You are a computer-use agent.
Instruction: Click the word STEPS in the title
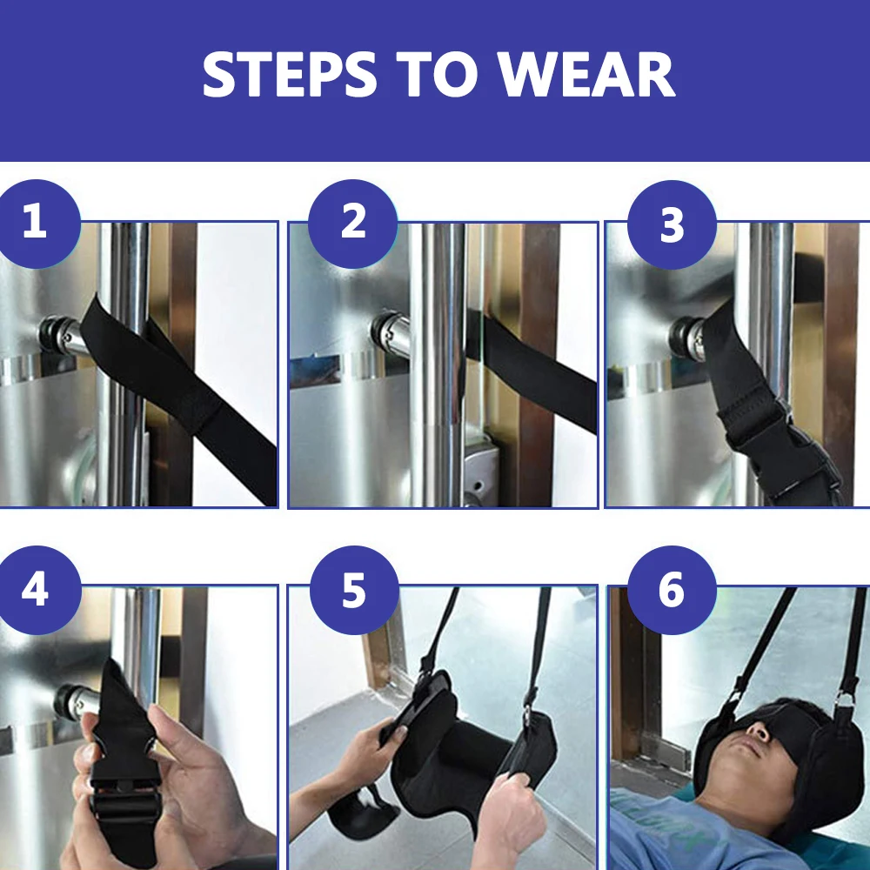290,74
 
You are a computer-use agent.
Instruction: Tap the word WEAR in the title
586,74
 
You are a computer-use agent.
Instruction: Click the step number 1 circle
37,223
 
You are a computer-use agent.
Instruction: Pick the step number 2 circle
353,224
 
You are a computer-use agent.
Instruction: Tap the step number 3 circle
672,224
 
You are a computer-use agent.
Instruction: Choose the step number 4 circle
37,590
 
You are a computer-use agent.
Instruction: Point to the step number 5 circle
354,590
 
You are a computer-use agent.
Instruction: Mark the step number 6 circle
672,590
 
